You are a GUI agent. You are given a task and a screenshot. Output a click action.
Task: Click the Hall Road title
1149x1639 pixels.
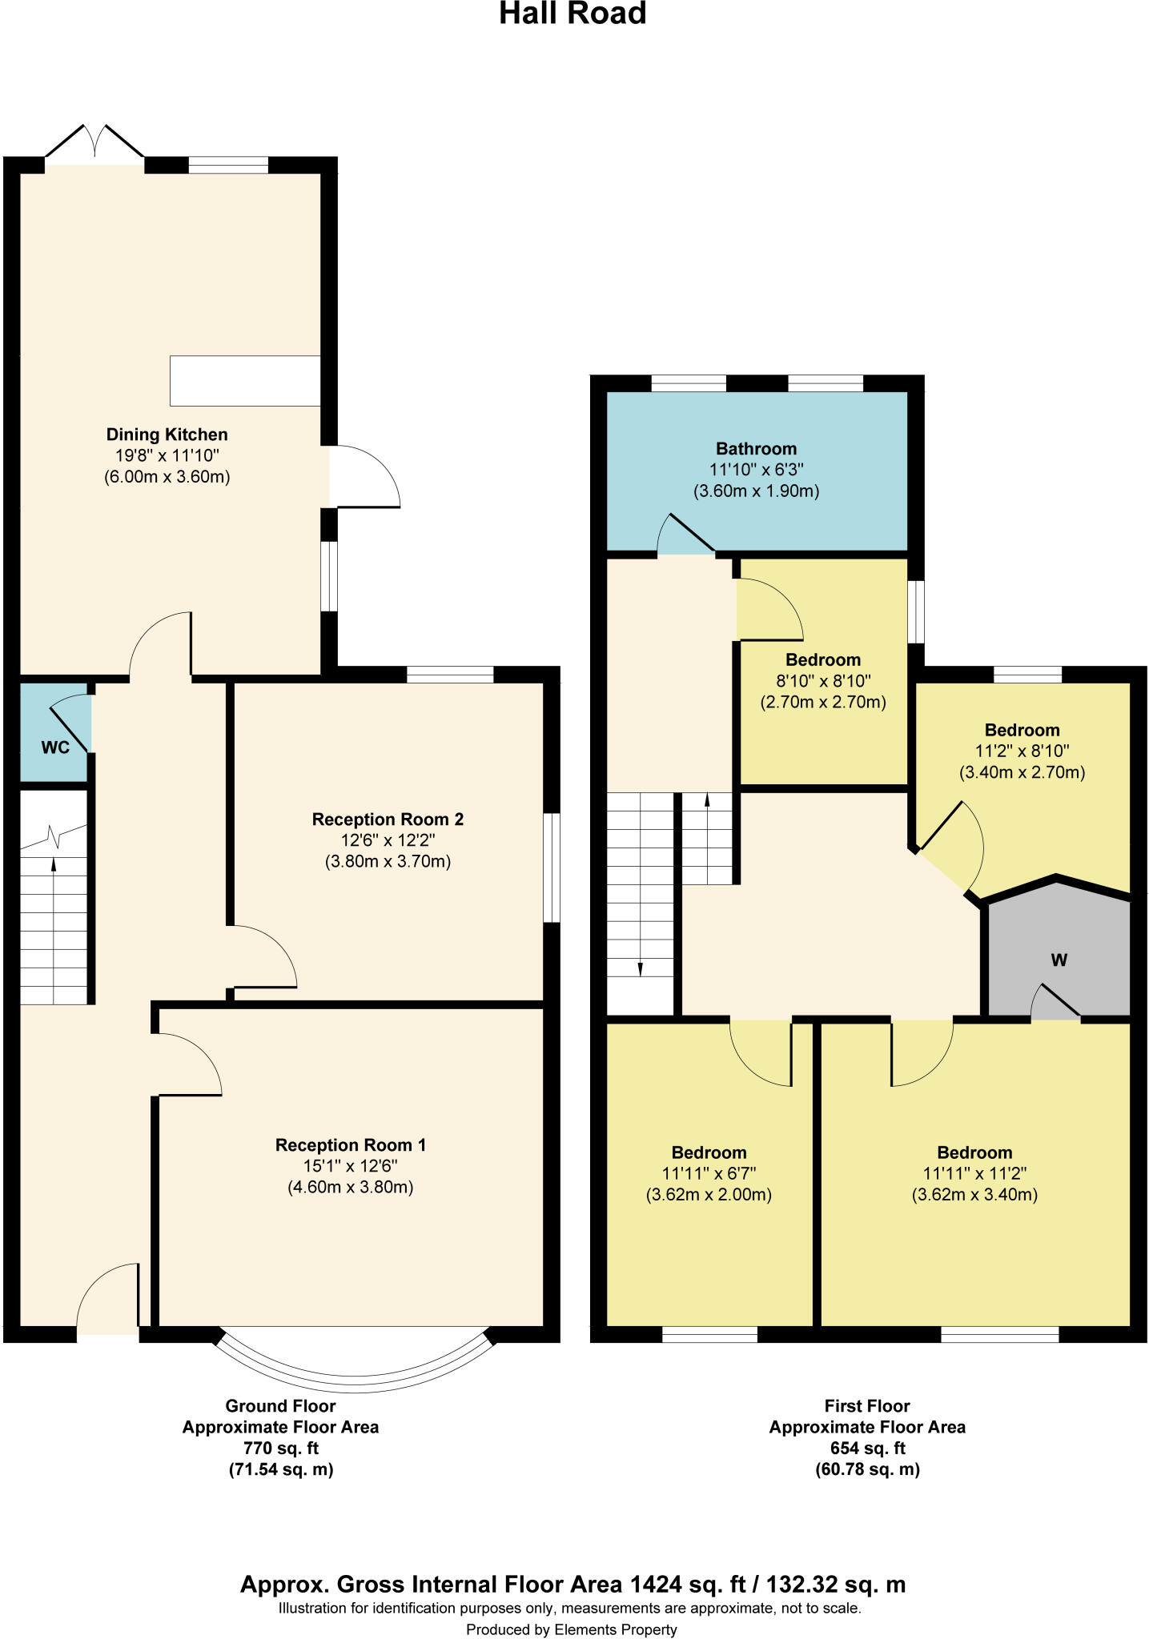[x=572, y=14]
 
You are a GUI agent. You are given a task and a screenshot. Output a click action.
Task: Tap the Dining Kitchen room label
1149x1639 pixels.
[x=167, y=435]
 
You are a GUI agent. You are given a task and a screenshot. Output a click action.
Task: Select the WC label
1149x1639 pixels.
[x=54, y=747]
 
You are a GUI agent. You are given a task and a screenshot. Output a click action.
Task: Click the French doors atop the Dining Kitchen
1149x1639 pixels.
[x=95, y=144]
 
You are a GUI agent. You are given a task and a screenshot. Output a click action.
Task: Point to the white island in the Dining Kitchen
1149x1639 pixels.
[x=245, y=381]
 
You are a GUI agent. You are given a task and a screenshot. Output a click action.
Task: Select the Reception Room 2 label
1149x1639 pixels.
[x=388, y=819]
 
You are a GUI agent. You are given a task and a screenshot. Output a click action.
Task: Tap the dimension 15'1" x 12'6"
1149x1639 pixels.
[x=350, y=1166]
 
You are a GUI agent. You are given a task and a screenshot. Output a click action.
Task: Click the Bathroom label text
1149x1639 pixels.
[x=756, y=448]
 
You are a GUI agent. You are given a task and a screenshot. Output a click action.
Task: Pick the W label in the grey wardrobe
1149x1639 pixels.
[x=1059, y=960]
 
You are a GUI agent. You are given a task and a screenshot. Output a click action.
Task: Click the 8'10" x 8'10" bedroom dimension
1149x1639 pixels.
[x=822, y=681]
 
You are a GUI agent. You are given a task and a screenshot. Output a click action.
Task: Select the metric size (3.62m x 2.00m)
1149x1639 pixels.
[x=708, y=1195]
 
